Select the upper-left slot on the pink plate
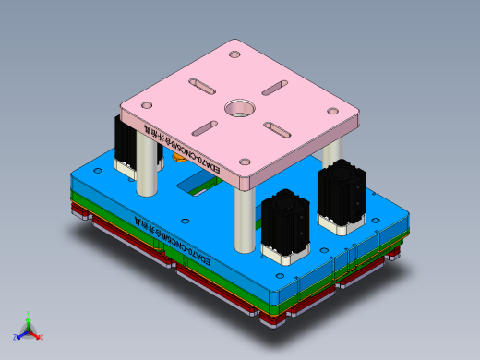pos(201,86)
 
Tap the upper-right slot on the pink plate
pos(273,89)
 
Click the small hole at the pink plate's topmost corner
pos(234,53)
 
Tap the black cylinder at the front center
pos(282,225)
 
